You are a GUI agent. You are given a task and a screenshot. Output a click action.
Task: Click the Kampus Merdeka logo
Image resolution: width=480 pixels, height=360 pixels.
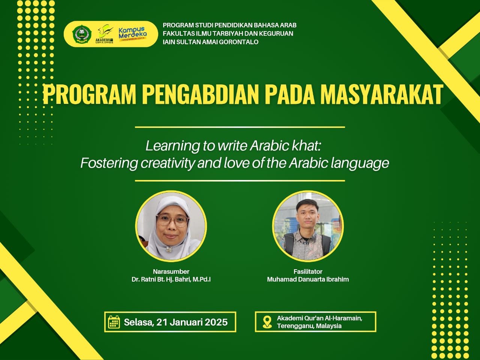click(133, 34)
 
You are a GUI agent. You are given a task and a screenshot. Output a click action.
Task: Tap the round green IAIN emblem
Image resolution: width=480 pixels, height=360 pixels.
click(82, 34)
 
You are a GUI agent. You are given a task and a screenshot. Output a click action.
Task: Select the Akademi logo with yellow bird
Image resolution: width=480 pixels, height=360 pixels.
click(105, 34)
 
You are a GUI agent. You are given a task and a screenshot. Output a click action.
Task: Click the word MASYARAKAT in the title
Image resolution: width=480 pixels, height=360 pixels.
click(382, 94)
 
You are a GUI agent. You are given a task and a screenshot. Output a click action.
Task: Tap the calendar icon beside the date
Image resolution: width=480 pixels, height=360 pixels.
click(114, 322)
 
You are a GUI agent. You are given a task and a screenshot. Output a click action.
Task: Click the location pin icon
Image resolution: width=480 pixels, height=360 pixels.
click(267, 322)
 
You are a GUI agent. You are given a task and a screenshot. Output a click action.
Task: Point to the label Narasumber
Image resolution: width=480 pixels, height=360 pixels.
click(171, 271)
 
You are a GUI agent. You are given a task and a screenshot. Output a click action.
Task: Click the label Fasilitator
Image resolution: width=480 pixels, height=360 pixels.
click(308, 271)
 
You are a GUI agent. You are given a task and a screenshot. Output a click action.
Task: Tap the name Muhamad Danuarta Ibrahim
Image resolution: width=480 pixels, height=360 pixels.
click(308, 279)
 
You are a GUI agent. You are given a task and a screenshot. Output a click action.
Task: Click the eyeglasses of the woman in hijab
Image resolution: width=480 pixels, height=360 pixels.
click(172, 220)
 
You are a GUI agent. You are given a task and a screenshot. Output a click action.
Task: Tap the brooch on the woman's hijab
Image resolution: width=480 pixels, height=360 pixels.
click(169, 249)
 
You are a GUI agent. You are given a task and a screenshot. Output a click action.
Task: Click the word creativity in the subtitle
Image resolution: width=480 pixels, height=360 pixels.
click(167, 163)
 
